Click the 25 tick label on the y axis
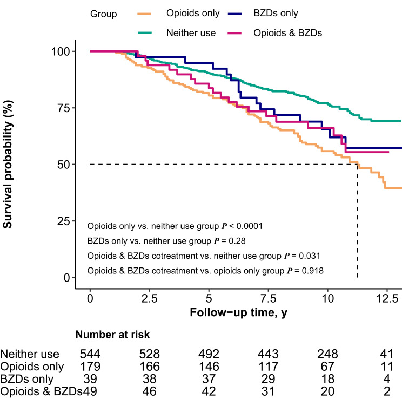coord(65,221)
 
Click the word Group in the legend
coord(104,14)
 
